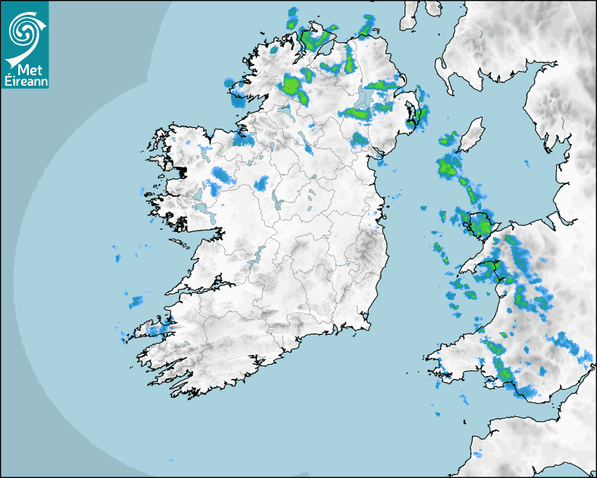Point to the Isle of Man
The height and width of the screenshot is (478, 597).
click(x=471, y=136)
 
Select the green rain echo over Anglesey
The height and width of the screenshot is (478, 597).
click(x=481, y=226)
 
